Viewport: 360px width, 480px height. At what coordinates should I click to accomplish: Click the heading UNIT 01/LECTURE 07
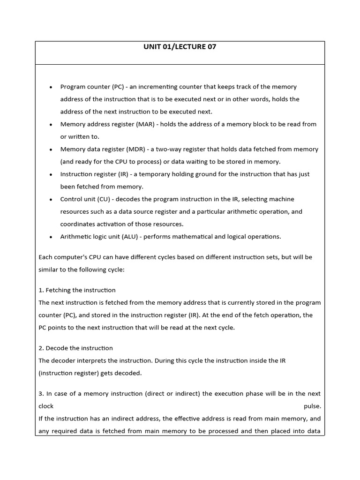pyautogui.click(x=180, y=47)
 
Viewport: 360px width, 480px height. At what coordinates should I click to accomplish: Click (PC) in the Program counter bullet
pyautogui.click(x=118, y=87)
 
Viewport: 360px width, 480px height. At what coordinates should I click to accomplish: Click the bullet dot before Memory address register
pyautogui.click(x=51, y=125)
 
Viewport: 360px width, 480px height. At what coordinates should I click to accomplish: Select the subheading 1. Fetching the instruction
pyautogui.click(x=77, y=290)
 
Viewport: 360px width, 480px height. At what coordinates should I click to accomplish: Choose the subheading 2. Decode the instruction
pyautogui.click(x=75, y=348)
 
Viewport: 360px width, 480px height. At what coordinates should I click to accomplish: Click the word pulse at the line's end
pyautogui.click(x=312, y=406)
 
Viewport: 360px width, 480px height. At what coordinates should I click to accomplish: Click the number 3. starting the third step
pyautogui.click(x=41, y=394)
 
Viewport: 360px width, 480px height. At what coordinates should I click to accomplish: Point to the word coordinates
pyautogui.click(x=78, y=224)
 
